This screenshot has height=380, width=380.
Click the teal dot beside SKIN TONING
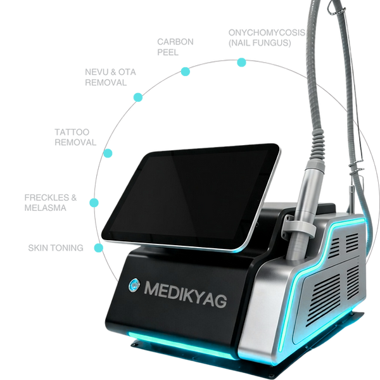(x=99, y=248)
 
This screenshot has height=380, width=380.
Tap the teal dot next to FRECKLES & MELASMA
(x=94, y=203)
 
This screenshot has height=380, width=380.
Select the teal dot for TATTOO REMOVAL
(x=108, y=153)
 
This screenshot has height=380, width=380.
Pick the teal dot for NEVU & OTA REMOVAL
(x=138, y=97)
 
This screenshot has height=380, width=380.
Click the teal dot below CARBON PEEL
(x=186, y=72)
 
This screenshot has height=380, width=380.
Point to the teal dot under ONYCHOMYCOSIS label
(x=241, y=62)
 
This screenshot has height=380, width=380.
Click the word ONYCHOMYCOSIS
(x=267, y=32)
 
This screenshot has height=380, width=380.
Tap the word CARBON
(x=175, y=42)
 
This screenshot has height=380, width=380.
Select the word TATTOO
(x=72, y=132)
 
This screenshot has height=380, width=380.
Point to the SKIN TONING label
(x=56, y=248)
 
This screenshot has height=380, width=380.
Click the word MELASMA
(x=46, y=208)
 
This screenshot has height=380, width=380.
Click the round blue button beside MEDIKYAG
(x=134, y=285)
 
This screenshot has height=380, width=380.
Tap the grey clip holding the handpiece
(x=298, y=224)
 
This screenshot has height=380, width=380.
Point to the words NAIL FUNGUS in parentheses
(x=260, y=43)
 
